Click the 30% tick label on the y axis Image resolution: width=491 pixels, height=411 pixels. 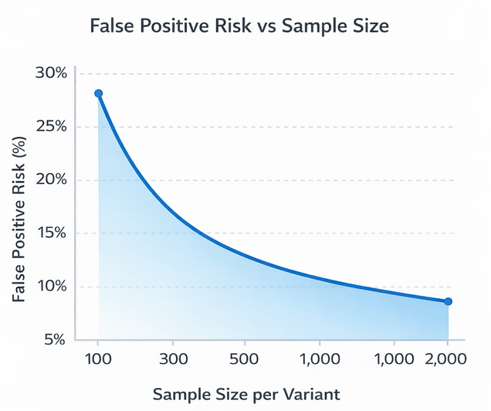point(52,73)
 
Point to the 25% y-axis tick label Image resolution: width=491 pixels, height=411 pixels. point(52,127)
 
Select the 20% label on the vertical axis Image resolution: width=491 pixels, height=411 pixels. point(52,180)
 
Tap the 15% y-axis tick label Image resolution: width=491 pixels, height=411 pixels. point(52,233)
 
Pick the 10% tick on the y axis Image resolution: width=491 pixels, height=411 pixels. point(52,287)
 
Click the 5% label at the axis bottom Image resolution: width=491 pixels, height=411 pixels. point(56,340)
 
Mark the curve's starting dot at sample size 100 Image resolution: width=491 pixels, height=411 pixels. point(98,93)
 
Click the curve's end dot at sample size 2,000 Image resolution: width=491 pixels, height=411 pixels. point(448,301)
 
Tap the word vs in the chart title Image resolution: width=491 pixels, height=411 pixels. point(262,26)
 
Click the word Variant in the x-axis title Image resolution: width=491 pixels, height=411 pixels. point(311,395)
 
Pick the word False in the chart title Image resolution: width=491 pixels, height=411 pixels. point(113,26)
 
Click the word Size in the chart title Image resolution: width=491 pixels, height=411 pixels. point(367,26)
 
